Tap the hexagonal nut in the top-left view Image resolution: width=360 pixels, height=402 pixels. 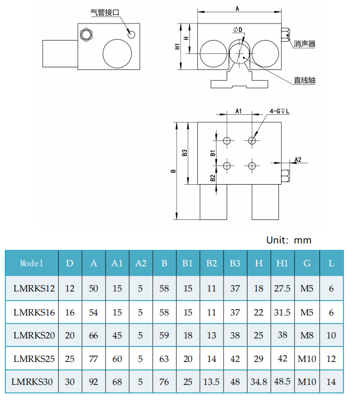(x=85, y=35)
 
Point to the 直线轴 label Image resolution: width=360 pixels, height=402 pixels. (x=305, y=81)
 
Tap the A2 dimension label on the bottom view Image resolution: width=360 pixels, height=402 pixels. (x=298, y=160)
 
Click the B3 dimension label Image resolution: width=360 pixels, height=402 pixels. (x=185, y=153)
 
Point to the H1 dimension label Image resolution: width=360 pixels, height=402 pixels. (x=178, y=46)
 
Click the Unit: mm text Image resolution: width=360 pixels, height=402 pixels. (x=289, y=240)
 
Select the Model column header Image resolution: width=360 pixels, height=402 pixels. (x=31, y=263)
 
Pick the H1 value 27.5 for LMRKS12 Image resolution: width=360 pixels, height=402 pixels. (x=282, y=289)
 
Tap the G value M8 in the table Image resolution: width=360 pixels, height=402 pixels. (x=307, y=335)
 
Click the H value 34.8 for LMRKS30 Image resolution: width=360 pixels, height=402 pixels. (x=259, y=382)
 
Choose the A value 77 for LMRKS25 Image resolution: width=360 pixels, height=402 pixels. (x=94, y=359)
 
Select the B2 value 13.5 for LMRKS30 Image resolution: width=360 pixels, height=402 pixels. (x=212, y=382)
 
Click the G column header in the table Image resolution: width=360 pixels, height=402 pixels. (x=307, y=263)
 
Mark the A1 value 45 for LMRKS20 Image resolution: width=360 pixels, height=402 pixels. (x=117, y=335)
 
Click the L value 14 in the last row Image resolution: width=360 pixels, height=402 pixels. (x=332, y=382)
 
